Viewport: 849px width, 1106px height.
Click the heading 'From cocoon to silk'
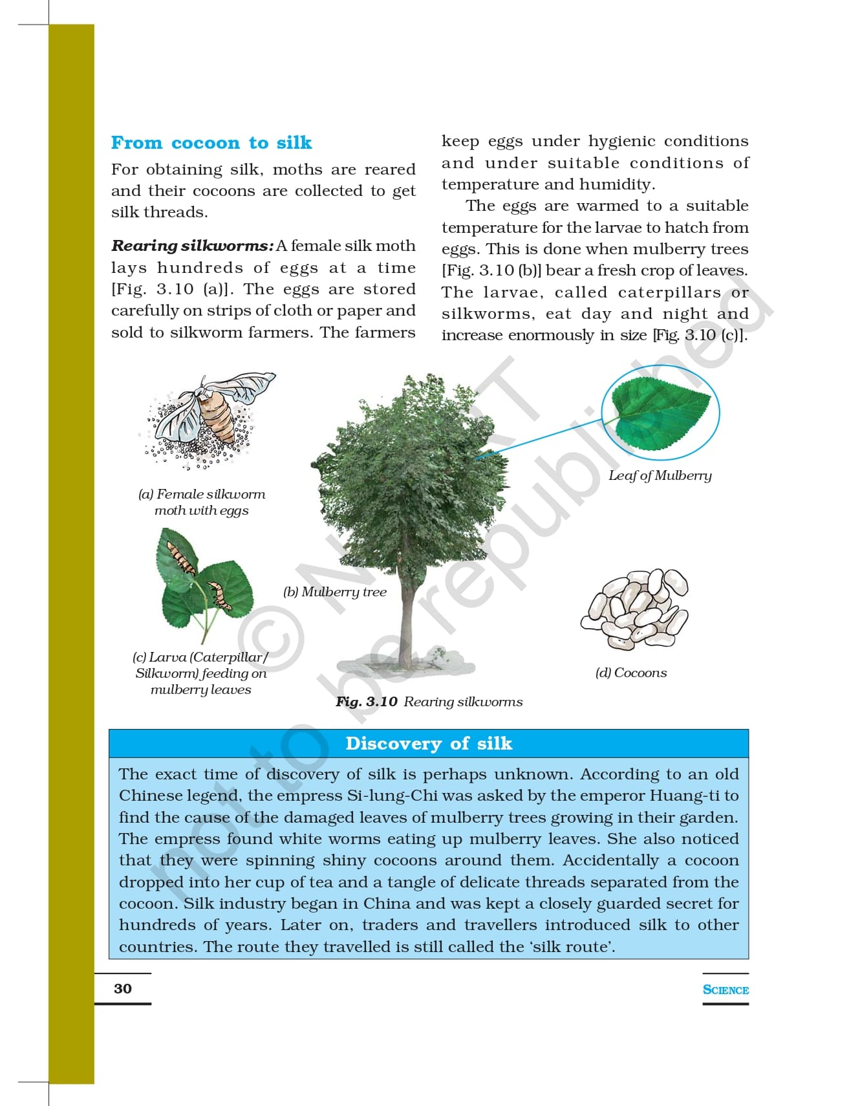[x=211, y=143]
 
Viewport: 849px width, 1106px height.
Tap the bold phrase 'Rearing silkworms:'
[x=192, y=246]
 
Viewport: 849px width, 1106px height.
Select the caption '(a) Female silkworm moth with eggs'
[x=202, y=503]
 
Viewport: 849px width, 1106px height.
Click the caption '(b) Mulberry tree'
[x=335, y=592]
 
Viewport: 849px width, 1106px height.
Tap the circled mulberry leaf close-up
[x=660, y=412]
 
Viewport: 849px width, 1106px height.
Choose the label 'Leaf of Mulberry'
[x=660, y=476]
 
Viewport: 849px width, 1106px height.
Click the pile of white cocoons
[x=636, y=608]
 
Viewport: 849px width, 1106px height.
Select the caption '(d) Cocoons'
[x=630, y=673]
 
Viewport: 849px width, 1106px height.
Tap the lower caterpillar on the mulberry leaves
[x=219, y=596]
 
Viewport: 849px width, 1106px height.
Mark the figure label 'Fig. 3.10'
[x=366, y=702]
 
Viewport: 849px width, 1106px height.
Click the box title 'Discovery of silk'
[x=429, y=744]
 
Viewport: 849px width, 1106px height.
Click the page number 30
[x=123, y=989]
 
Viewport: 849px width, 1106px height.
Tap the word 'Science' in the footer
[x=725, y=990]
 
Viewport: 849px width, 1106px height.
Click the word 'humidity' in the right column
[x=614, y=185]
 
